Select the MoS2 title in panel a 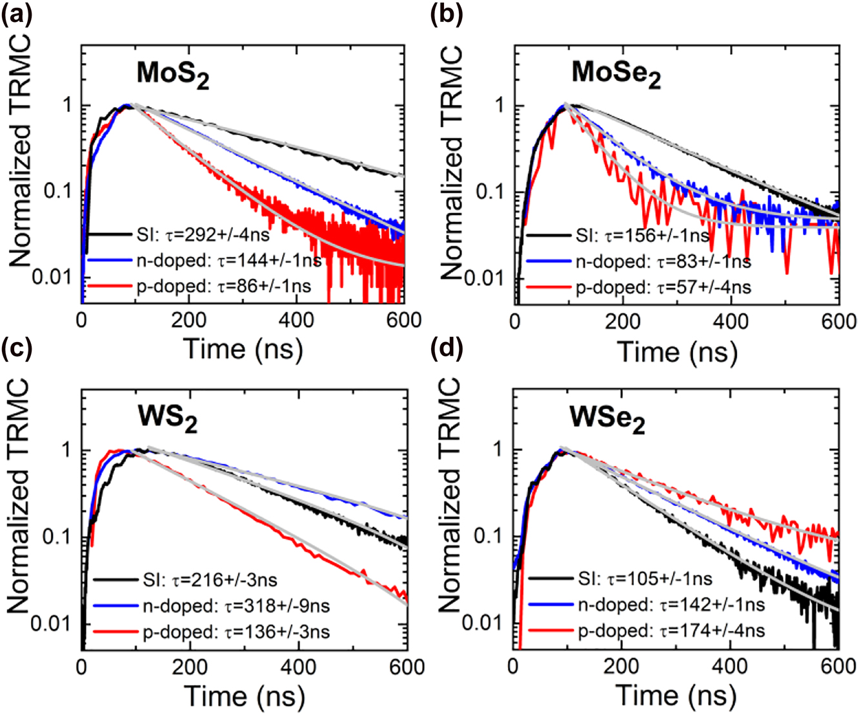[173, 74]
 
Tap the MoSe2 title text [616, 74]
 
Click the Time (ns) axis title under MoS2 [243, 349]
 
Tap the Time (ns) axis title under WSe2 [676, 695]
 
